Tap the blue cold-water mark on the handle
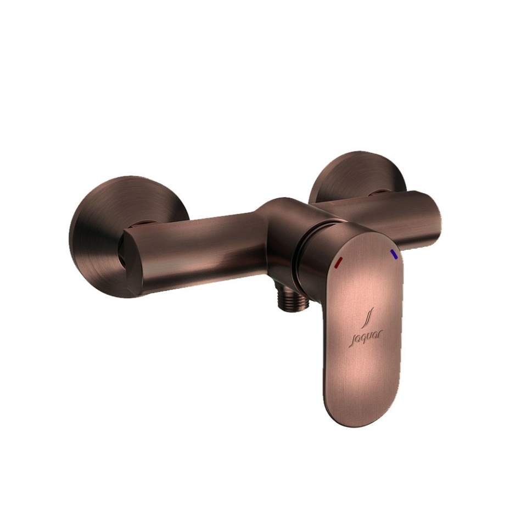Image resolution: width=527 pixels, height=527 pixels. [x=394, y=254]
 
